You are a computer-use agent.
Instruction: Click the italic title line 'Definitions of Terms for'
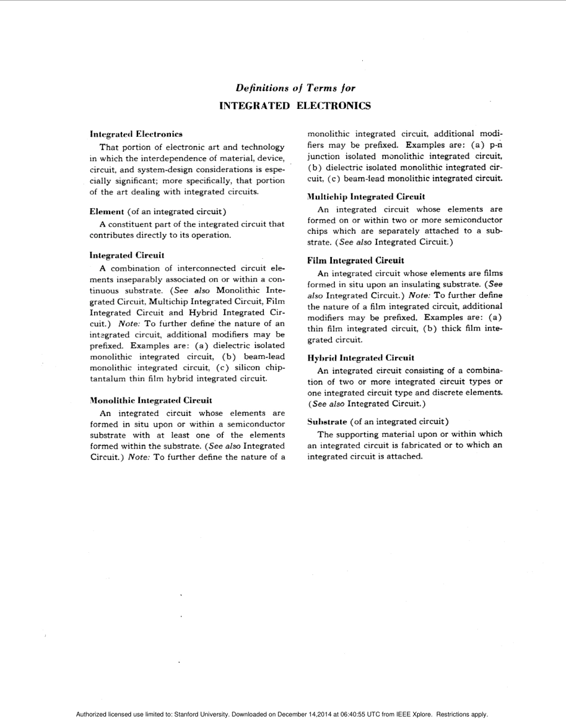[x=295, y=88]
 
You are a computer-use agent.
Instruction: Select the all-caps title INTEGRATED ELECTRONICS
[x=295, y=106]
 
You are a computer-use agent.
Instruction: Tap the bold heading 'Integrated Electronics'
[x=136, y=134]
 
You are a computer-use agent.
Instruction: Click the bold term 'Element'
[x=107, y=211]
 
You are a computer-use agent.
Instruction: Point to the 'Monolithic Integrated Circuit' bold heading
[x=151, y=400]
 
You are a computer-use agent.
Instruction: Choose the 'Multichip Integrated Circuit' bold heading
[x=366, y=196]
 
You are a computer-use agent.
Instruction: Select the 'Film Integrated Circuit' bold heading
[x=356, y=261]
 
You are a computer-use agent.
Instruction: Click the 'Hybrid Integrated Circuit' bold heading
[x=360, y=358]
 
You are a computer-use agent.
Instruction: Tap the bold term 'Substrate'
[x=327, y=422]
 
